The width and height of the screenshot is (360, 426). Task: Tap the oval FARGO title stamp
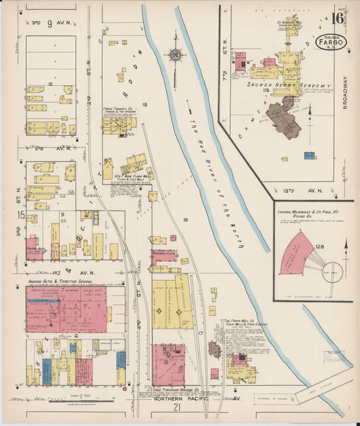click(332, 42)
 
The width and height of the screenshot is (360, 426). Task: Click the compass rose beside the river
click(175, 54)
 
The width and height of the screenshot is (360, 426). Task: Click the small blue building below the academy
click(309, 155)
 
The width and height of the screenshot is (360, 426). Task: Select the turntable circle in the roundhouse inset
click(332, 271)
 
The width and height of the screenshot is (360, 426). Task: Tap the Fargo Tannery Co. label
click(118, 107)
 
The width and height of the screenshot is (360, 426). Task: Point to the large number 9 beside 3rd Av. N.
click(49, 24)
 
